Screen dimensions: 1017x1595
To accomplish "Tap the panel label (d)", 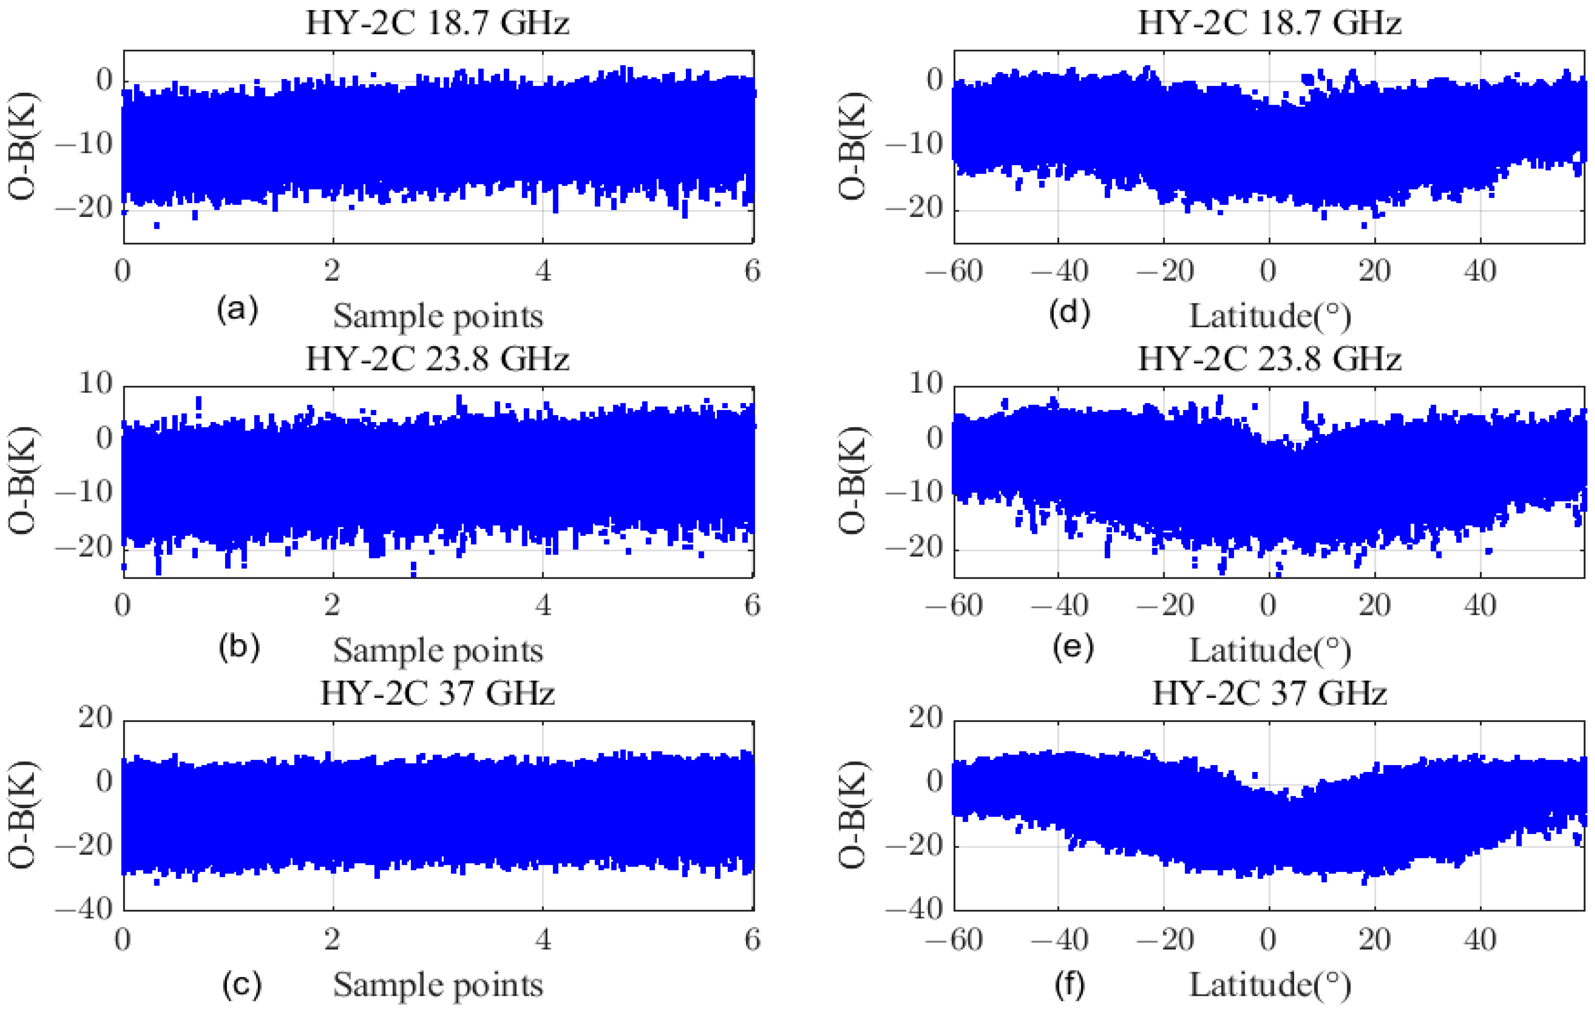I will [1069, 312].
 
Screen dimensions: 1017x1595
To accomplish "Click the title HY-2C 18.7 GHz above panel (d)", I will [1269, 23].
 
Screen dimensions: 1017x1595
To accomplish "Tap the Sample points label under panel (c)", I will [438, 985].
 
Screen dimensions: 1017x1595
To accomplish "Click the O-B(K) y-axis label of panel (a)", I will [23, 146].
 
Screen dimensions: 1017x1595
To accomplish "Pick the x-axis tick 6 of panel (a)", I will [752, 271].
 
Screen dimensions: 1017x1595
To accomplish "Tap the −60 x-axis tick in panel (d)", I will [954, 271].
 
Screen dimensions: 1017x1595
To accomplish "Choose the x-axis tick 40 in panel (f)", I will [1480, 939].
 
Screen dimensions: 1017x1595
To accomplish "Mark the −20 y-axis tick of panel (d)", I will [915, 208].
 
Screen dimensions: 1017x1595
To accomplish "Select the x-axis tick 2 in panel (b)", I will [332, 605].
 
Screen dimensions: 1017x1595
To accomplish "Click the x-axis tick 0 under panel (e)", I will [1268, 605].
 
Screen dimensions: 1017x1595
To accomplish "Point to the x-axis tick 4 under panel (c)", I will [543, 939].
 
